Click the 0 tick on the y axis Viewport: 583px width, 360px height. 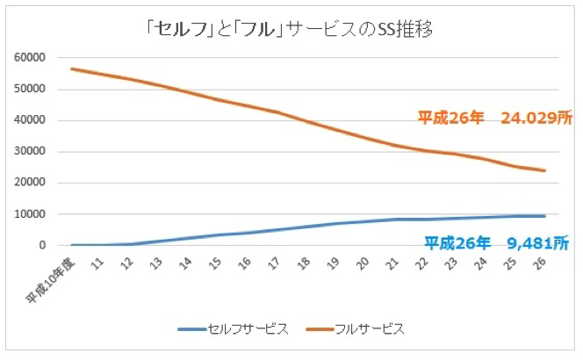point(40,246)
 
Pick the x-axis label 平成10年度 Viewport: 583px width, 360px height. point(51,276)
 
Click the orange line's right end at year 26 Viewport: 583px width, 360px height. point(544,170)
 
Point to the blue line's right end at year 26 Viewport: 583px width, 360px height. point(544,216)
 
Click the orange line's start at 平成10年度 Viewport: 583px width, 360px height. point(72,68)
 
